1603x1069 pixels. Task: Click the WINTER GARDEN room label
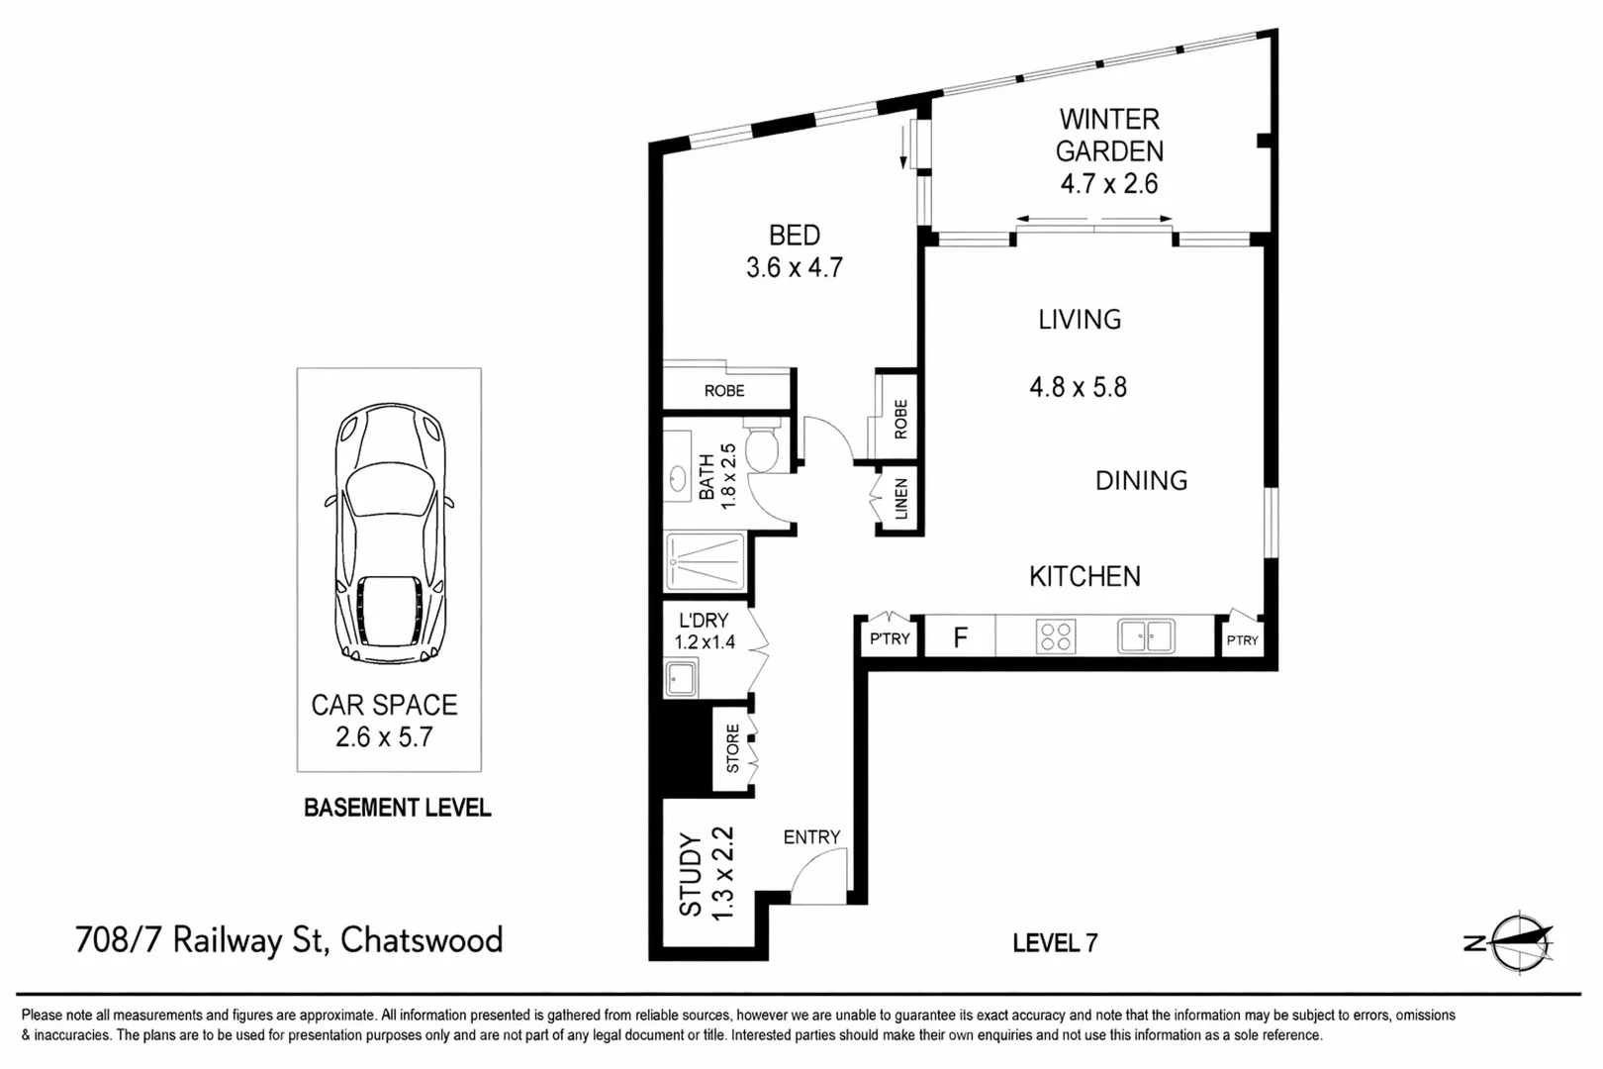(1109, 135)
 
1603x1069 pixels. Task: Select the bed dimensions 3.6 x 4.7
(795, 267)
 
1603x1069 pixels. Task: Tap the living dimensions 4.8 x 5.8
(1078, 387)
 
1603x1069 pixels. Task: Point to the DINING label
(1141, 481)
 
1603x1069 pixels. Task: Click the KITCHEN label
(1084, 576)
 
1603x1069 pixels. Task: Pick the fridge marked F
(960, 638)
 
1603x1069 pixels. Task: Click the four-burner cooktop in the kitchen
(1056, 636)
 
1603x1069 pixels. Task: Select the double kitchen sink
(1146, 636)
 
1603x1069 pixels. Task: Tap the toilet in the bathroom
(763, 448)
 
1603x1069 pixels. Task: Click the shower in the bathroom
(705, 562)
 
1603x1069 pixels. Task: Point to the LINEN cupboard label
(900, 499)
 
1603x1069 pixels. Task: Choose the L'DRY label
(704, 621)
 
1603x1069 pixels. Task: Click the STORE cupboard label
(733, 748)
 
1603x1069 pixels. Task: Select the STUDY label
(690, 874)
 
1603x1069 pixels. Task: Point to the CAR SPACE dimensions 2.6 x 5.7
(384, 736)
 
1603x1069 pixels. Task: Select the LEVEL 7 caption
(1055, 943)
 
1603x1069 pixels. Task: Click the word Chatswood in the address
(422, 939)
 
